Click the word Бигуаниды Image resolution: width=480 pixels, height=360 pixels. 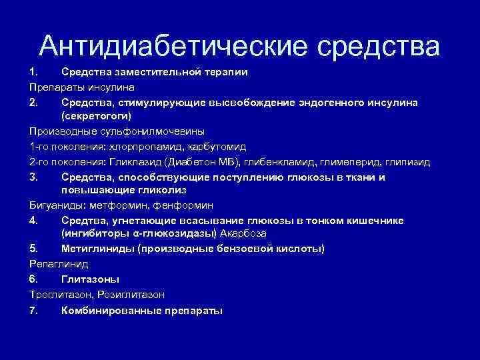53,205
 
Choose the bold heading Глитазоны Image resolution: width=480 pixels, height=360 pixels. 85,279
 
